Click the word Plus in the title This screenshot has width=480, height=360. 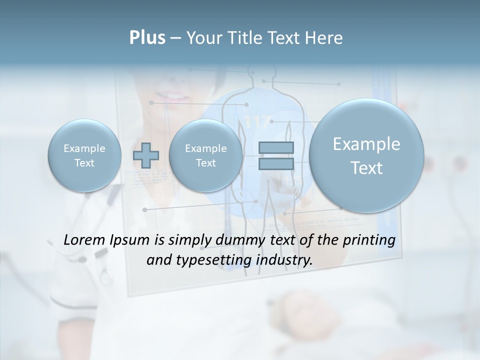pyautogui.click(x=147, y=38)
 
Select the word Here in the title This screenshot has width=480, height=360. pyautogui.click(x=324, y=38)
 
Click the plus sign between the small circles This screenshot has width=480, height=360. pyautogui.click(x=146, y=155)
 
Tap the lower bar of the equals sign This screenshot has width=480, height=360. pyautogui.click(x=276, y=164)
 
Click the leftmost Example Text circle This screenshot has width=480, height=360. pyautogui.click(x=84, y=155)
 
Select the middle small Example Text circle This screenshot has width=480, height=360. pyautogui.click(x=205, y=155)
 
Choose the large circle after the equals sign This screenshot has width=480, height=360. pyautogui.click(x=366, y=155)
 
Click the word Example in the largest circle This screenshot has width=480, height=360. pyautogui.click(x=366, y=144)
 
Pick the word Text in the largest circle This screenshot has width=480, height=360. pyautogui.click(x=366, y=168)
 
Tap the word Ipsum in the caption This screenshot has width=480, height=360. pyautogui.click(x=129, y=240)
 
